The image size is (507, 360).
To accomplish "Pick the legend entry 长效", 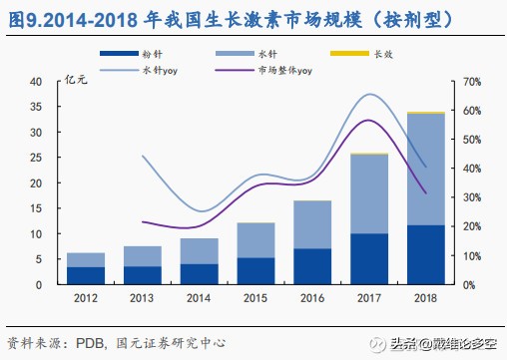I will [383, 53].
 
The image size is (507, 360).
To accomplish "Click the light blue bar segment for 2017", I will [368, 193].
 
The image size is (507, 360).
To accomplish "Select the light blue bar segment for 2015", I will [254, 240].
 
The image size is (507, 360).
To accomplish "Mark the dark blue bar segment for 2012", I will [85, 275].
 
